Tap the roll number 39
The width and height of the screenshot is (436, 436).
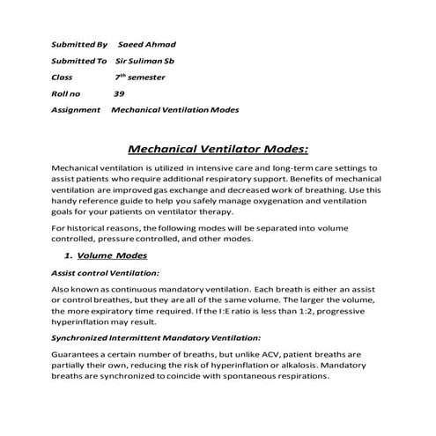tap(118, 93)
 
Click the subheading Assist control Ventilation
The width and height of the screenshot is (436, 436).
tap(105, 273)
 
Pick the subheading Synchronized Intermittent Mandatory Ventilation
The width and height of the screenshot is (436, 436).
tap(155, 337)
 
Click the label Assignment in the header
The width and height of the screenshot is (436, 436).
tap(78, 110)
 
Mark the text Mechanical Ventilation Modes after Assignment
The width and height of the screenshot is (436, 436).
tap(174, 110)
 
